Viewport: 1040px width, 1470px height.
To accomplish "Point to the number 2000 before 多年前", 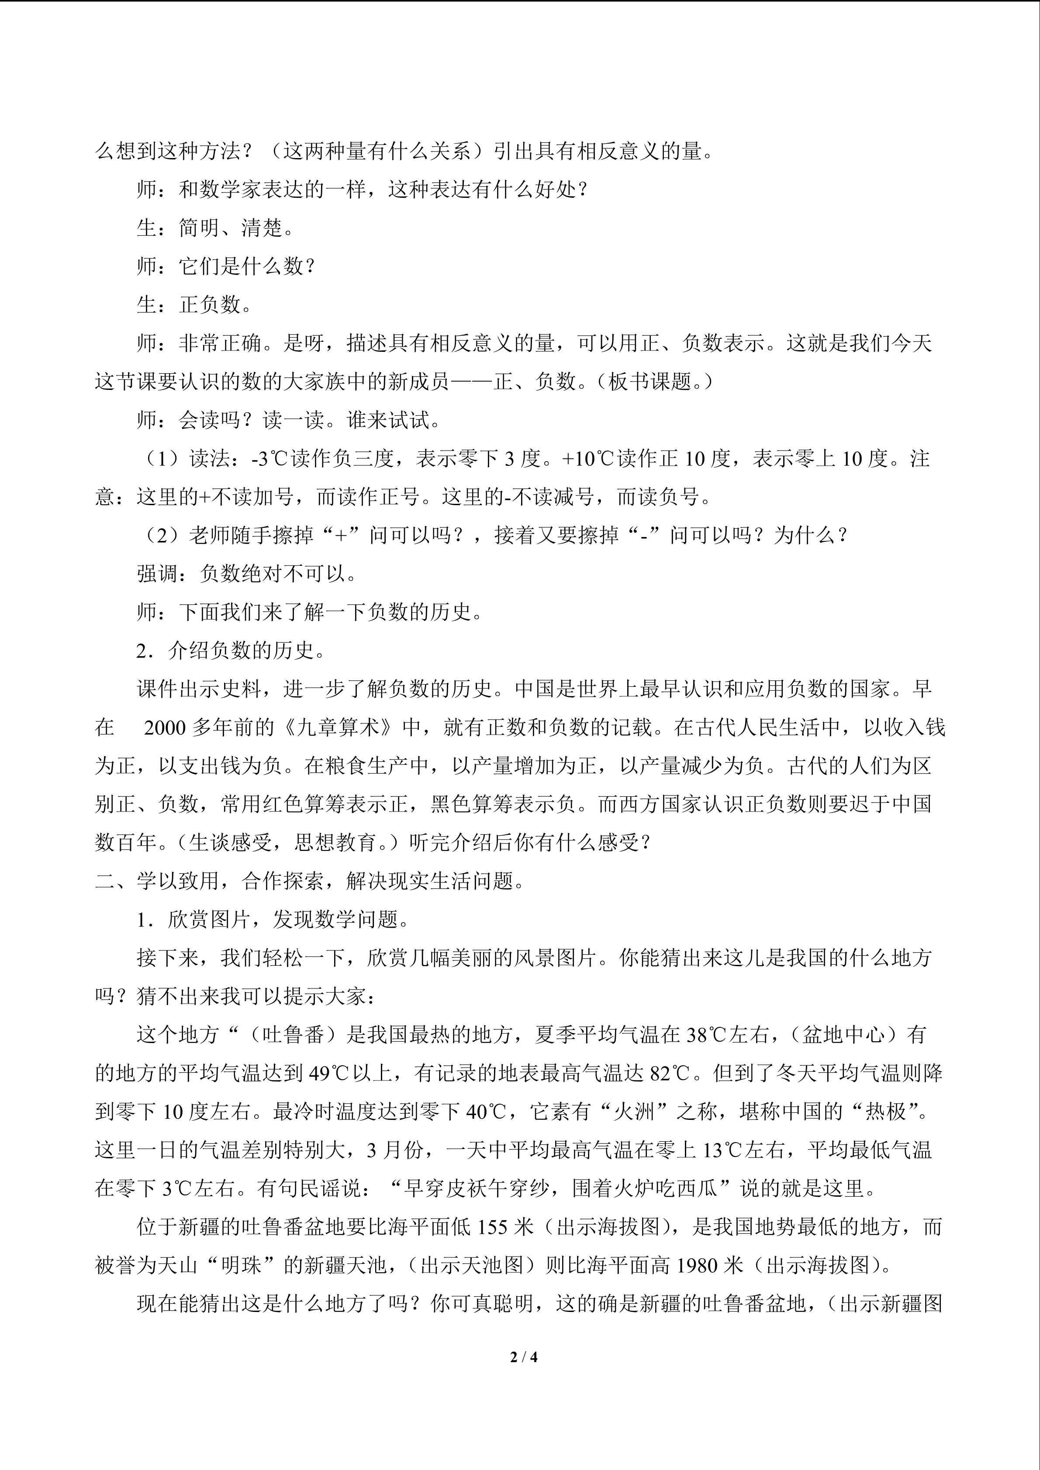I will click(x=165, y=727).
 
